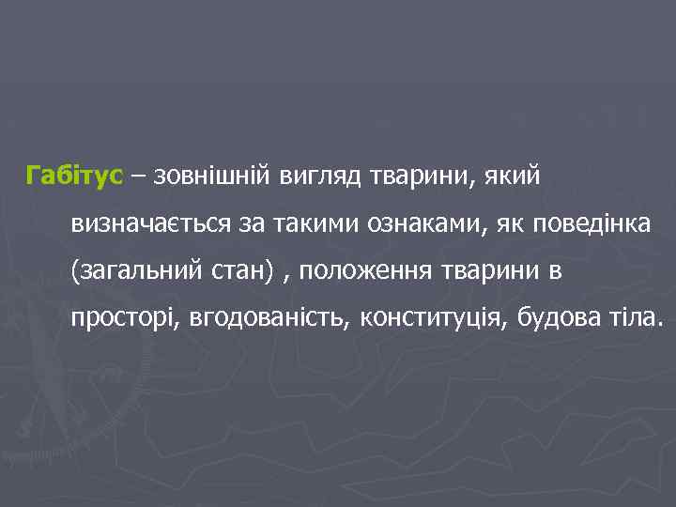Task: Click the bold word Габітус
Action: [74, 176]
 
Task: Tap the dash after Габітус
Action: [137, 176]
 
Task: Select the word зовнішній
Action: [209, 176]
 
